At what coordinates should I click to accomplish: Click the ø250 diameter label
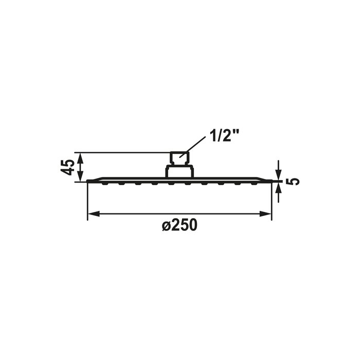click(179, 225)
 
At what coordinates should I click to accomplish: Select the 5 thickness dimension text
click(295, 182)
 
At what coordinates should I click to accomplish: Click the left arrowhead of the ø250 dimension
click(94, 214)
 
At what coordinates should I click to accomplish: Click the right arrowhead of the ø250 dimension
click(265, 214)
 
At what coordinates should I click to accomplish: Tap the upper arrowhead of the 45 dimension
click(80, 158)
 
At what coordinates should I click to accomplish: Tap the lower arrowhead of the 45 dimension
click(80, 176)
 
